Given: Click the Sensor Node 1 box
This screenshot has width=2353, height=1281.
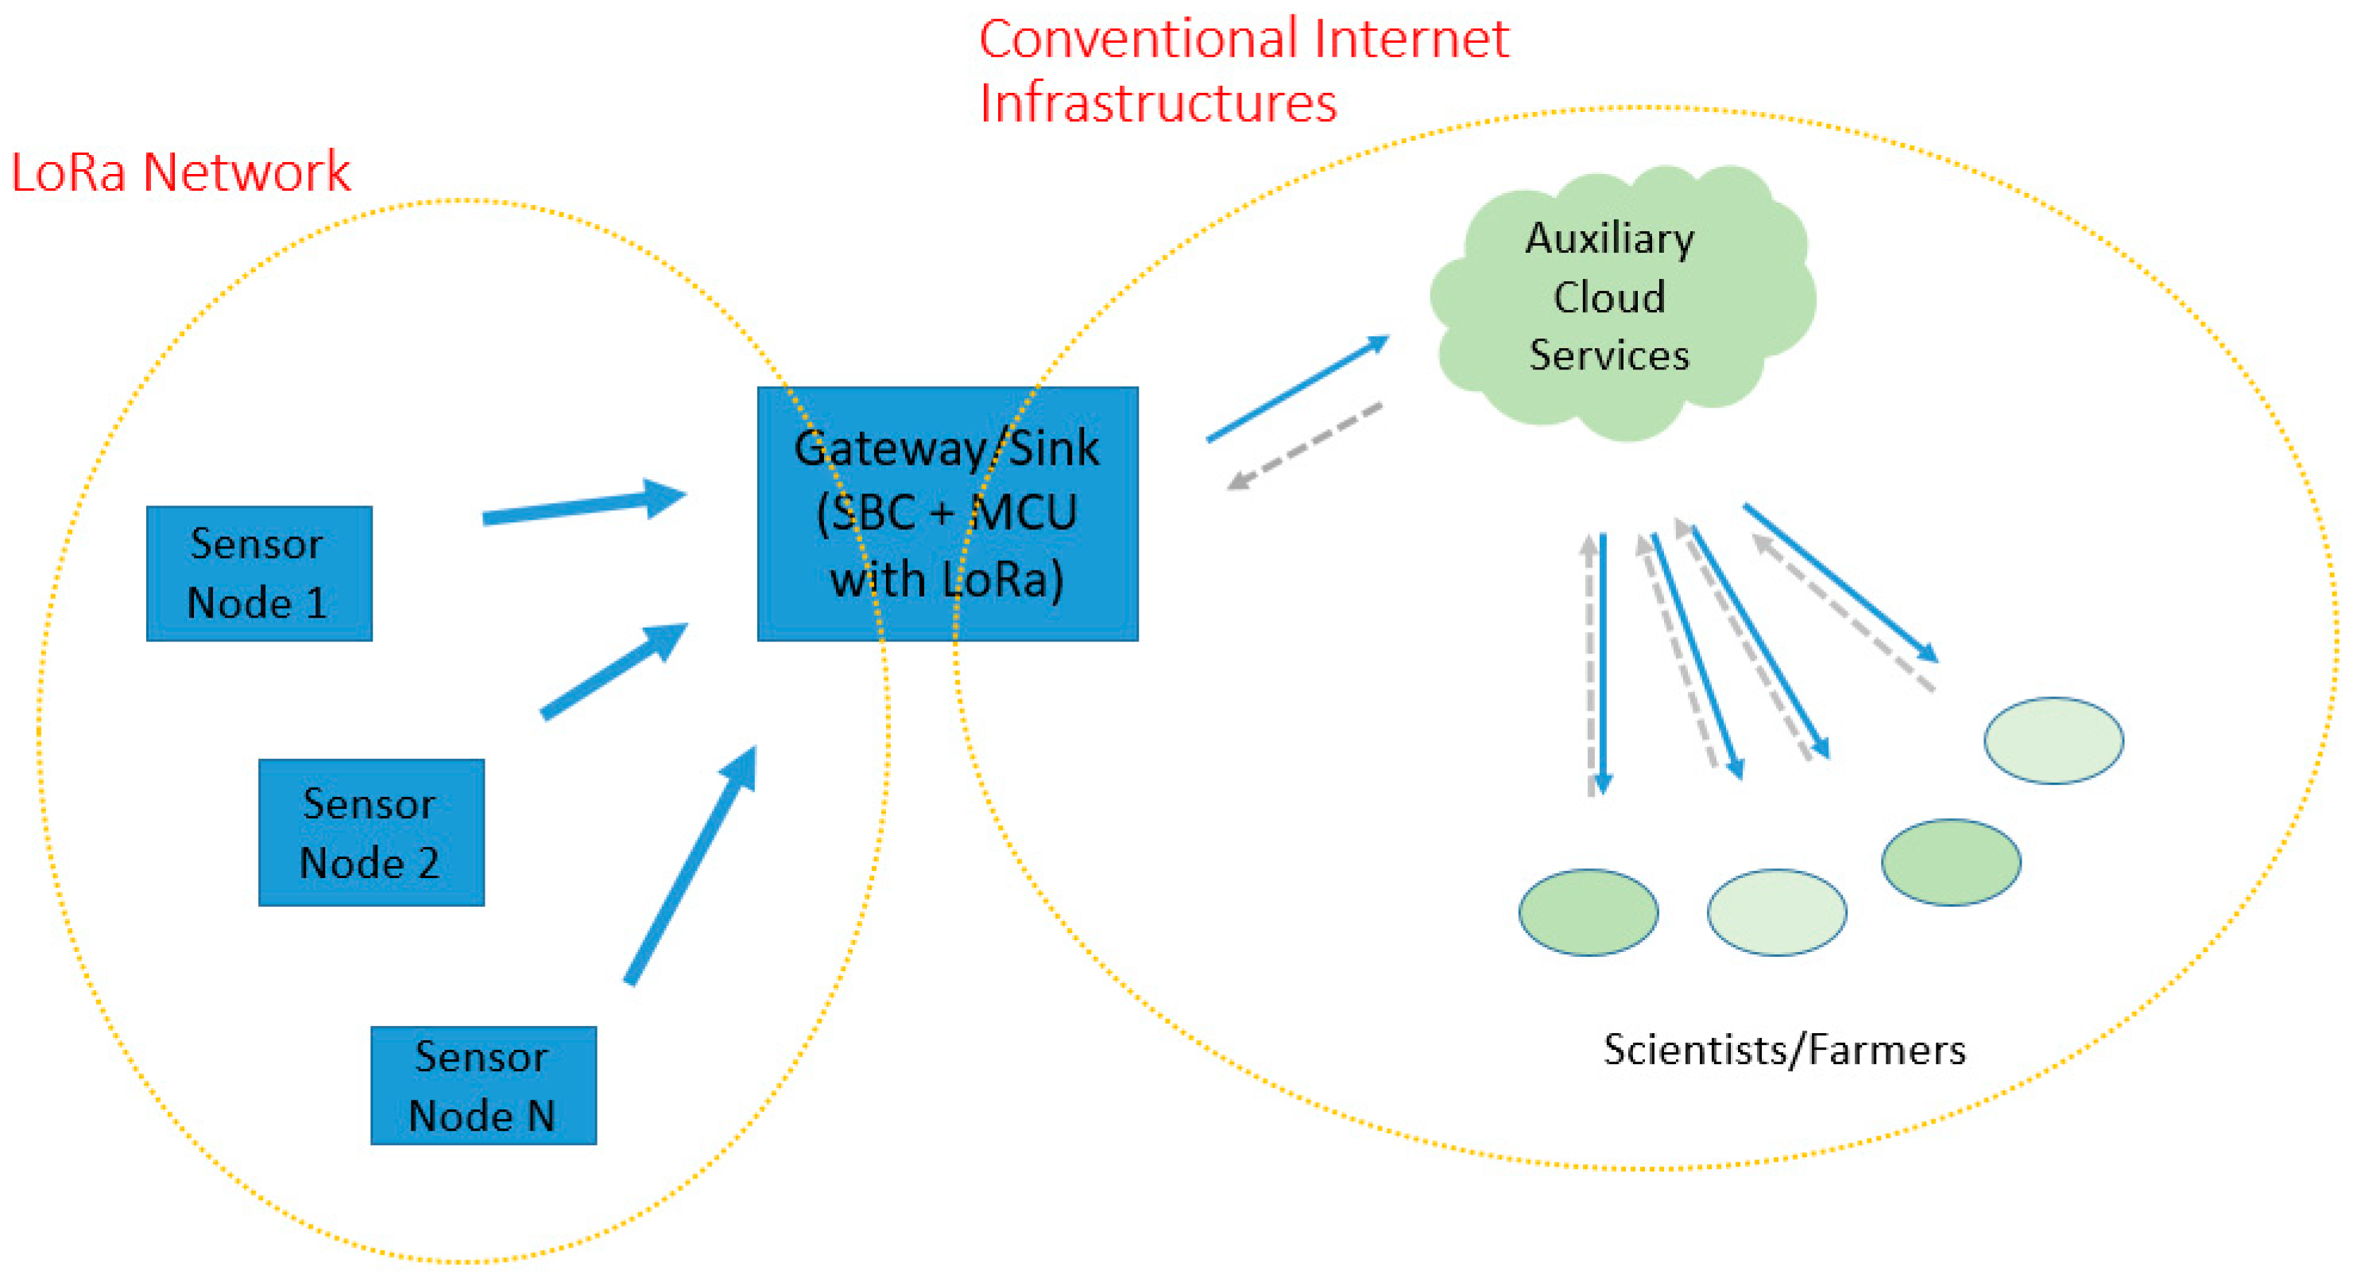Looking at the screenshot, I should coord(258,573).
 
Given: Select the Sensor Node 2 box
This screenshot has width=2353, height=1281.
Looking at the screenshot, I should coord(371,831).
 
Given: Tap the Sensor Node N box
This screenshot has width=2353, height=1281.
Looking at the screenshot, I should coord(482,1085).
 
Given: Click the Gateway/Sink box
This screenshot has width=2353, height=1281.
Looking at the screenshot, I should coord(947,513).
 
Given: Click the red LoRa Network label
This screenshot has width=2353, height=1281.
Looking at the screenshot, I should coord(180,172).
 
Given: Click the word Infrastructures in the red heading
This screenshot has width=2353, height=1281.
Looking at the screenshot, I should coord(1157,103).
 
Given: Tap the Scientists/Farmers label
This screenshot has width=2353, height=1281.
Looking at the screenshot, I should coord(1784,1049).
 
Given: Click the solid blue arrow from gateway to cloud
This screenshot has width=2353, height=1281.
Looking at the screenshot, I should coord(1297,389).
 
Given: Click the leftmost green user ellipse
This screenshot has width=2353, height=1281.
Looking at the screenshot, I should coord(1588,911).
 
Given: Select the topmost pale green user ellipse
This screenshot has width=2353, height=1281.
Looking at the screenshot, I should coord(2053,740).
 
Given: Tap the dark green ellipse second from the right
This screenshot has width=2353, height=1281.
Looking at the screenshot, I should coord(1950,861).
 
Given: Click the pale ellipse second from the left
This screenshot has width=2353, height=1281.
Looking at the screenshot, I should coord(1776,911).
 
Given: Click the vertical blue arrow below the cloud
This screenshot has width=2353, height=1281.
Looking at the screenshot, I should coord(1603,663).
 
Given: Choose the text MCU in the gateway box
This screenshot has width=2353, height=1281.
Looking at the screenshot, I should coord(1023,513).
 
